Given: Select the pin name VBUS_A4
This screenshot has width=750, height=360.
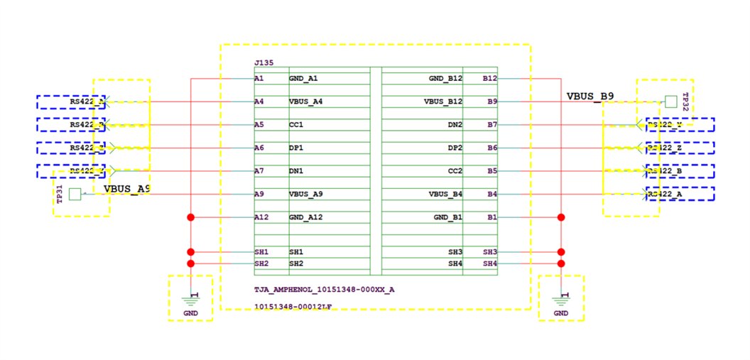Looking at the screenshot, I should [305, 102].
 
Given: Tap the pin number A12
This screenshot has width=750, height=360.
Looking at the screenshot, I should [261, 217].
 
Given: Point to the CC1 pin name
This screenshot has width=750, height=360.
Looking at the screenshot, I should [296, 125].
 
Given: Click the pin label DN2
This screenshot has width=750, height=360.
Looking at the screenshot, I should [454, 125].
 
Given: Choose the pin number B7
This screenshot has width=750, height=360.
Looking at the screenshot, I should [490, 125].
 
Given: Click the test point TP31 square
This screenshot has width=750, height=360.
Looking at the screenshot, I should [75, 194].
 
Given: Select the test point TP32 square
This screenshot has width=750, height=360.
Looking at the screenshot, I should [670, 102].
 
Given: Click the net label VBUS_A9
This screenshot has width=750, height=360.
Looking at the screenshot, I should [127, 189].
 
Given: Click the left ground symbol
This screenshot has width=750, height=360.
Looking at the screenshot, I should [190, 298].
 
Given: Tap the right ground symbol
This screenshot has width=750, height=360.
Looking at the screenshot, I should [561, 298].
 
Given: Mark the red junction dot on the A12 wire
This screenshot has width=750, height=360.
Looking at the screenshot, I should [190, 217].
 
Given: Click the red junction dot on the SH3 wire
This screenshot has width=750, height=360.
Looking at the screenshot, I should [561, 251].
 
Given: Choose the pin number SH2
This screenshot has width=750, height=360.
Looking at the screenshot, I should [261, 263].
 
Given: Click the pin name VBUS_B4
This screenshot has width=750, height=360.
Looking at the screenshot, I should [445, 194].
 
